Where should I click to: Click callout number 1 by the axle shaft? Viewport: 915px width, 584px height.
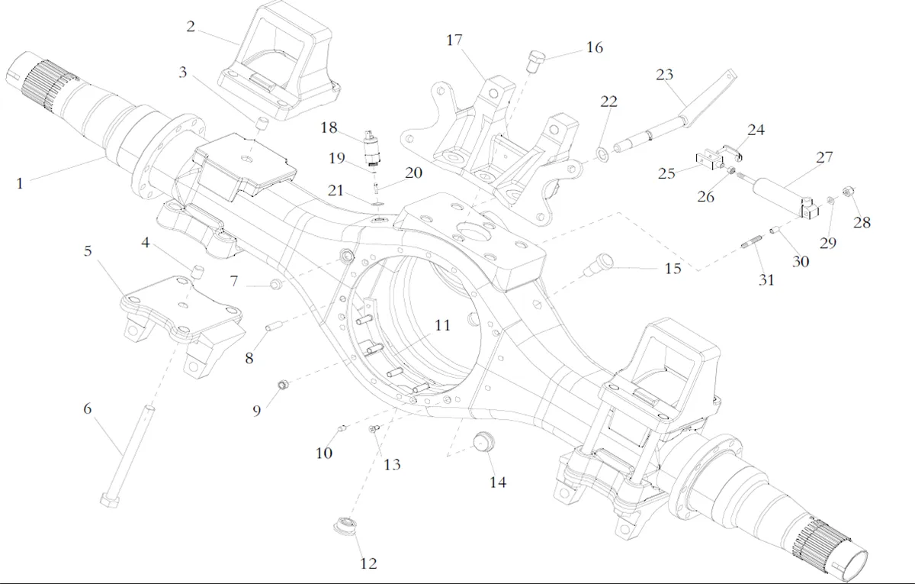pos(19,183)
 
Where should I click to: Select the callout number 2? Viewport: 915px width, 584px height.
pos(191,27)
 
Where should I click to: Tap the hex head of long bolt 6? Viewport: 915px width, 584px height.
pos(108,499)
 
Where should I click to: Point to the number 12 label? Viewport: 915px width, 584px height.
pos(368,564)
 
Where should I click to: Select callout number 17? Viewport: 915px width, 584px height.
pos(454,40)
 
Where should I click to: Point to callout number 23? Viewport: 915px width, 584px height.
pos(664,74)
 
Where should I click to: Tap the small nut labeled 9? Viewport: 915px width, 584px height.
pos(283,384)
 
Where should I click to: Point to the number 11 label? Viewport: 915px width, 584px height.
pos(442,326)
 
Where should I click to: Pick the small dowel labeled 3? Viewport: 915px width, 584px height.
pos(261,124)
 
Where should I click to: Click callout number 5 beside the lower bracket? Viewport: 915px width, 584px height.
pos(88,251)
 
